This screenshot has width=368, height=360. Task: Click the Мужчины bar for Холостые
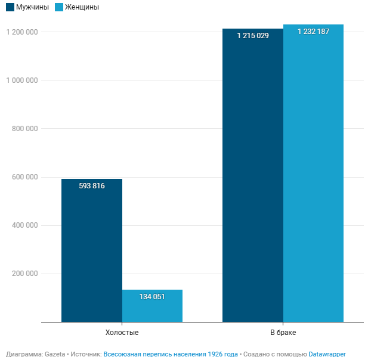point(92,250)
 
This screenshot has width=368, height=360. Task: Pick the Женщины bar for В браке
point(314,173)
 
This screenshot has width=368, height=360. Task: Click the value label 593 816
point(92,186)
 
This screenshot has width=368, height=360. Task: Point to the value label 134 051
point(152,297)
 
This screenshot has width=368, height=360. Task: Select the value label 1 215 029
point(253,36)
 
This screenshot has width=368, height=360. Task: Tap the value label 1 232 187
point(314,32)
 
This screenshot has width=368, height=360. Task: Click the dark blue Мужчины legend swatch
point(10,8)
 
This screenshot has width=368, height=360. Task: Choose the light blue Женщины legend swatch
point(58,8)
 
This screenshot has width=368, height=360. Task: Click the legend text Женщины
point(82,8)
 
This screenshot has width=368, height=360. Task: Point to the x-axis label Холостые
point(122,332)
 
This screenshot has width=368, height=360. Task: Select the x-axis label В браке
point(283,332)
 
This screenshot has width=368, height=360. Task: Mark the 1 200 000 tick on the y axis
point(22,32)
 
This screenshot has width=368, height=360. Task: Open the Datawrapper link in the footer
point(327,354)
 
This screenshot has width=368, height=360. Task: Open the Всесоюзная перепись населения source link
point(171,354)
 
